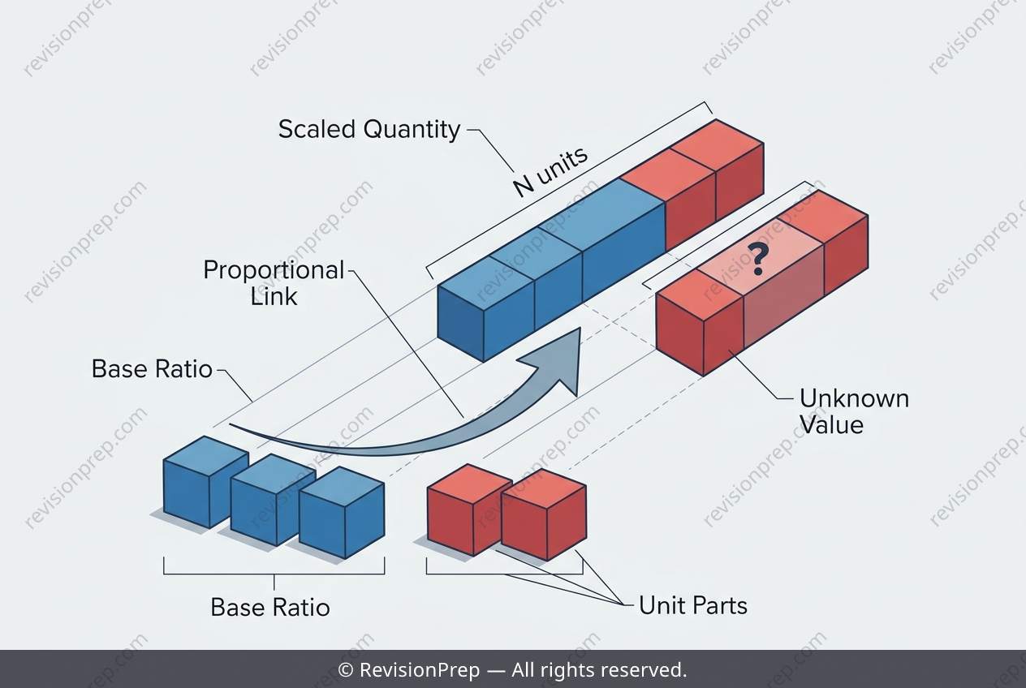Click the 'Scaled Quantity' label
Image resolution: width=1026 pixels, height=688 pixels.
[369, 129]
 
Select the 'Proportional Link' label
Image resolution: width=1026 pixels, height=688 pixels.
[274, 283]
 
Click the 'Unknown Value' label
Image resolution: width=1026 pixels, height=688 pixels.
[854, 411]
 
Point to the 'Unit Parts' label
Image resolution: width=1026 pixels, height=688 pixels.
[693, 605]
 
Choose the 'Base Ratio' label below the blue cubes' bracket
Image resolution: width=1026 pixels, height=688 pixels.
[270, 608]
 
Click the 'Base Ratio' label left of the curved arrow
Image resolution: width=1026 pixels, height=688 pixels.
[152, 368]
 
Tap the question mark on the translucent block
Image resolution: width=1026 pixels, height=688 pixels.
[758, 260]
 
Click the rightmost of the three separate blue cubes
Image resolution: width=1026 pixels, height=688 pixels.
[342, 512]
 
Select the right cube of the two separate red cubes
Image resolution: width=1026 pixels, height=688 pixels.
[544, 514]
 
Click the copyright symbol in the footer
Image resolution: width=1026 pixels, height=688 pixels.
[345, 670]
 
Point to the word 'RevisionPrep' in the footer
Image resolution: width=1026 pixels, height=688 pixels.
[420, 670]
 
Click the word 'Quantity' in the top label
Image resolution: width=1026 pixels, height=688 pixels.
[412, 130]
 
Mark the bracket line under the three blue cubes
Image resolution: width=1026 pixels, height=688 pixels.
[274, 574]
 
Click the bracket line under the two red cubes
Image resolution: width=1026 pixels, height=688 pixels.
[504, 574]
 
